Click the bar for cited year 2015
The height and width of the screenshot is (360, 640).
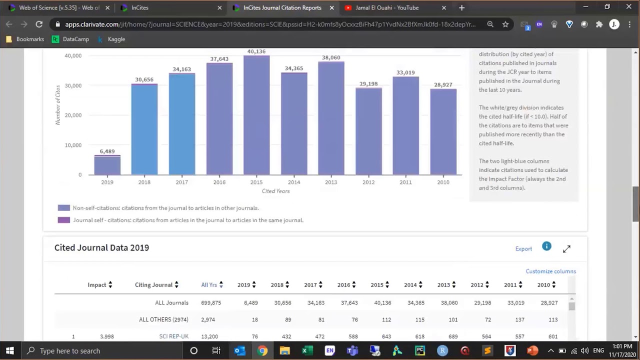(256, 115)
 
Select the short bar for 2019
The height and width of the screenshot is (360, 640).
(107, 165)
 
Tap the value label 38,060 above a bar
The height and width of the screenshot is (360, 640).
(331, 57)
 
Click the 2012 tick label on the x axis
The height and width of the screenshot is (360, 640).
(368, 182)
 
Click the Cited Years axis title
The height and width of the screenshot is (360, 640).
(275, 191)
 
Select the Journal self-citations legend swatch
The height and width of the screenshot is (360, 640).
(63, 220)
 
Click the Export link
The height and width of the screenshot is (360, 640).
(523, 248)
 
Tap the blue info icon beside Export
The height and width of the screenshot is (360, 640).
(546, 246)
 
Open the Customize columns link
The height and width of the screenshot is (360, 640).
(550, 271)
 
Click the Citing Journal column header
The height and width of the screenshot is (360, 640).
(153, 284)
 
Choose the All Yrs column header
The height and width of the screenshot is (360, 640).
(209, 284)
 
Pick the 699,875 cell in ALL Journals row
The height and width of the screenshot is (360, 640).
(210, 302)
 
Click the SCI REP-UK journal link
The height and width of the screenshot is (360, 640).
(173, 336)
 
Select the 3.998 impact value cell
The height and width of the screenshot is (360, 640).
(106, 336)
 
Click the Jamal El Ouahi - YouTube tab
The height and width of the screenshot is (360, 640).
(387, 7)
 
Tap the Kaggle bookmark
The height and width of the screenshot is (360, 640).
(116, 39)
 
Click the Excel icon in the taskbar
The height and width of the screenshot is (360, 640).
(304, 350)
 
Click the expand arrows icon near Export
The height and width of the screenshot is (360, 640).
(566, 248)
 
